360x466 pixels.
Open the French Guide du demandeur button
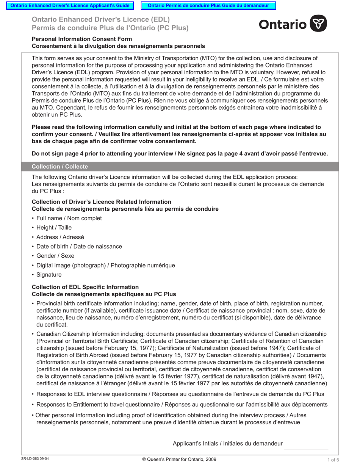pos(208,6)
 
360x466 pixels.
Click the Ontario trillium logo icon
pos(318,23)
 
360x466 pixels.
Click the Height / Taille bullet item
pos(54,228)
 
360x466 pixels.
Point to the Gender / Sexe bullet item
pos(55,256)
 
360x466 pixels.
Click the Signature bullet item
pos(49,275)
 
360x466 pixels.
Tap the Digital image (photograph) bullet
pos(106,265)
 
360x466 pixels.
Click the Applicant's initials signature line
pos(306,448)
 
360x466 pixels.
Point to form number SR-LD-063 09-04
pos(35,459)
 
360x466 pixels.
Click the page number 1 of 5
pos(333,460)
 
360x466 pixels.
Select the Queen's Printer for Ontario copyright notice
pos(179,459)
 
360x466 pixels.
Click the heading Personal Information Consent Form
pos(82,39)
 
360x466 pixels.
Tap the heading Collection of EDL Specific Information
pos(85,287)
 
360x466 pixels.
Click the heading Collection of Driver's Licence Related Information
pos(101,202)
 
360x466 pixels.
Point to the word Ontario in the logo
pos(283,24)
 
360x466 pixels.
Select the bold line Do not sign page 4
pos(180,154)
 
